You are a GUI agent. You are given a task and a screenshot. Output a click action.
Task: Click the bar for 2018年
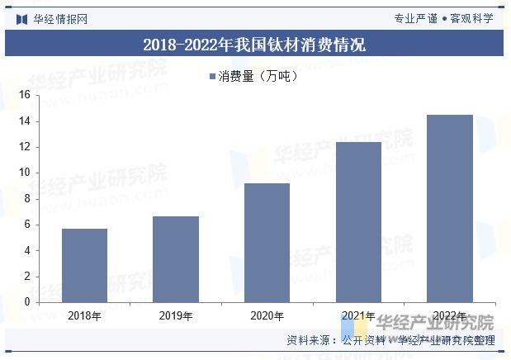coord(84,265)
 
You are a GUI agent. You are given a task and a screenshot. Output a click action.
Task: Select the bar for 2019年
coord(176,259)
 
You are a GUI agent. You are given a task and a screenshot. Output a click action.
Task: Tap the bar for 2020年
coord(267,242)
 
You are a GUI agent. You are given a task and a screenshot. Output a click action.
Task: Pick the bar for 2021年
coord(358,221)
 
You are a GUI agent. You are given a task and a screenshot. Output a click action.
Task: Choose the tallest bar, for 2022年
coord(450,208)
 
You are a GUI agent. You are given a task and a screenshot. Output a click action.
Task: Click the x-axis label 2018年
coord(84,315)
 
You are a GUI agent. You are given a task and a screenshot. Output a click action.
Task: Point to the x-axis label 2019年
coord(176,315)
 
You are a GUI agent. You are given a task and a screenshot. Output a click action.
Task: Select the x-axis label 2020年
coord(267,315)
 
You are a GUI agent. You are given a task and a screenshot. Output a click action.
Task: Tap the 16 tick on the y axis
coord(24,96)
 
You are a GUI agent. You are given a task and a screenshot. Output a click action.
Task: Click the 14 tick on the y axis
coord(24,121)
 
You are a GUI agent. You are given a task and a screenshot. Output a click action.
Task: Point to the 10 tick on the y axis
coord(24,173)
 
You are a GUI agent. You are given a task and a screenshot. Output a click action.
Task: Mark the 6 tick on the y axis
coord(26,225)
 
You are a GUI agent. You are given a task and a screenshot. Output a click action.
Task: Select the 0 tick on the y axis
coord(26,302)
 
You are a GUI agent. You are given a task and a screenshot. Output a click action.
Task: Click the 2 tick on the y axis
coord(26,276)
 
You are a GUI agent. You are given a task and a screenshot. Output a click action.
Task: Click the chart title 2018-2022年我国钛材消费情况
coord(254,45)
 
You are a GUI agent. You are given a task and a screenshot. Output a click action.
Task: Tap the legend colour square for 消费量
coord(211,77)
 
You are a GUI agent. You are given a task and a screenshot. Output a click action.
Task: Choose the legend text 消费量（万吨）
coord(258,77)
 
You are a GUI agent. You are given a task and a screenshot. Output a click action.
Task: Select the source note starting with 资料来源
coord(390,340)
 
